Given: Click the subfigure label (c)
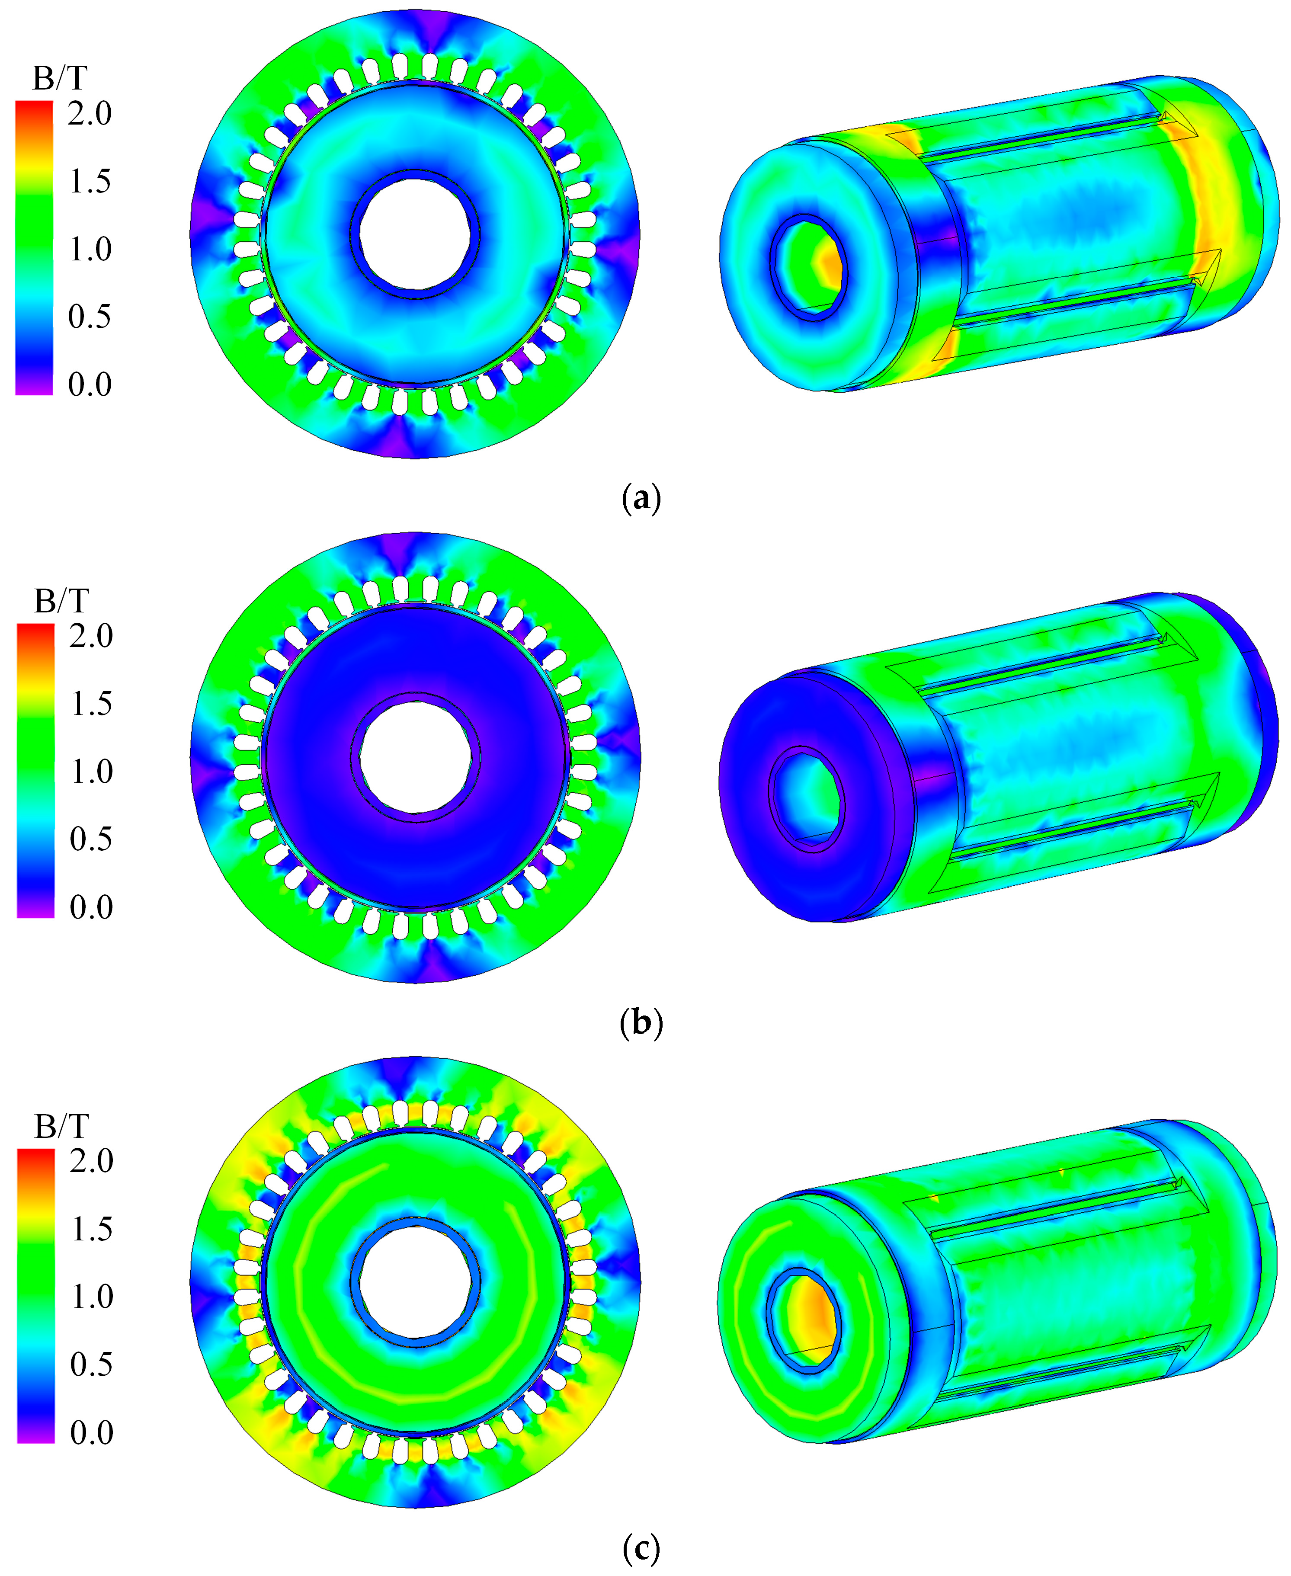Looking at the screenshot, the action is (x=640, y=1549).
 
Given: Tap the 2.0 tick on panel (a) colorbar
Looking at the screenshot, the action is (x=89, y=114).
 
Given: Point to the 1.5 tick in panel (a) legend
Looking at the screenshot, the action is (x=89, y=182).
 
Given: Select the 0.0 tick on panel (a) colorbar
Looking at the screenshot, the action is (x=89, y=384).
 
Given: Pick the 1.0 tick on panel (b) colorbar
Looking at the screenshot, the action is (x=91, y=771).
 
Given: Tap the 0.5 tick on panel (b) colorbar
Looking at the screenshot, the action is (x=91, y=839).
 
